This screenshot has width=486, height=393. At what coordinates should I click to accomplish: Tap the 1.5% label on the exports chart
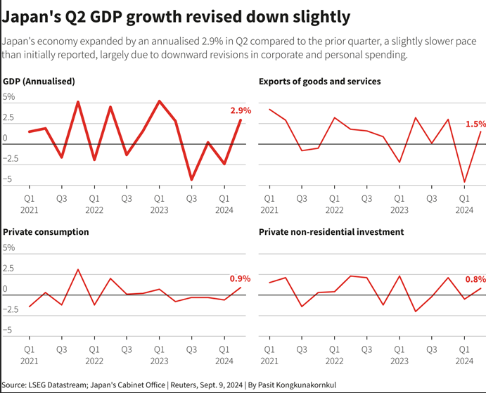coord(475,124)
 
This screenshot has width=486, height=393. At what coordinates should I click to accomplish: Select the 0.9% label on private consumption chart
coord(241,278)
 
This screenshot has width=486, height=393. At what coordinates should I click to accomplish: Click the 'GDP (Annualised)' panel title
coord(39,82)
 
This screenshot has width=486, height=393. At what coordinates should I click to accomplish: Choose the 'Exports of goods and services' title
coord(319,82)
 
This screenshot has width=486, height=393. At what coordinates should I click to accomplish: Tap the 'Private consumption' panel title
coord(46,231)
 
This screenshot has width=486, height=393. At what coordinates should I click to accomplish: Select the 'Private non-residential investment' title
coord(331,231)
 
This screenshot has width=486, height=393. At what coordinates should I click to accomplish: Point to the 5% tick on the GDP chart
coord(9,97)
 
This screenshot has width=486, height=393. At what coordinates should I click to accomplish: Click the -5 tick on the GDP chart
coord(9,180)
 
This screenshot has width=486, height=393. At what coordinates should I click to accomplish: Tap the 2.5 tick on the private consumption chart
coord(9,269)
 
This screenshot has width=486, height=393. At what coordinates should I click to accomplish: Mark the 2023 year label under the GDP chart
coord(160,210)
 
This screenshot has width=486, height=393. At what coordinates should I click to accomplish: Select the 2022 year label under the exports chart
coord(334,210)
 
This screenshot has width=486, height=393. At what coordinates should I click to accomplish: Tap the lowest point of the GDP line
coord(191,180)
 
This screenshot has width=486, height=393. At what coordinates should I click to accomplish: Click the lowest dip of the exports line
coord(464,182)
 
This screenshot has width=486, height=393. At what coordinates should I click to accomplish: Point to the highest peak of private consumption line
coord(78,269)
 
